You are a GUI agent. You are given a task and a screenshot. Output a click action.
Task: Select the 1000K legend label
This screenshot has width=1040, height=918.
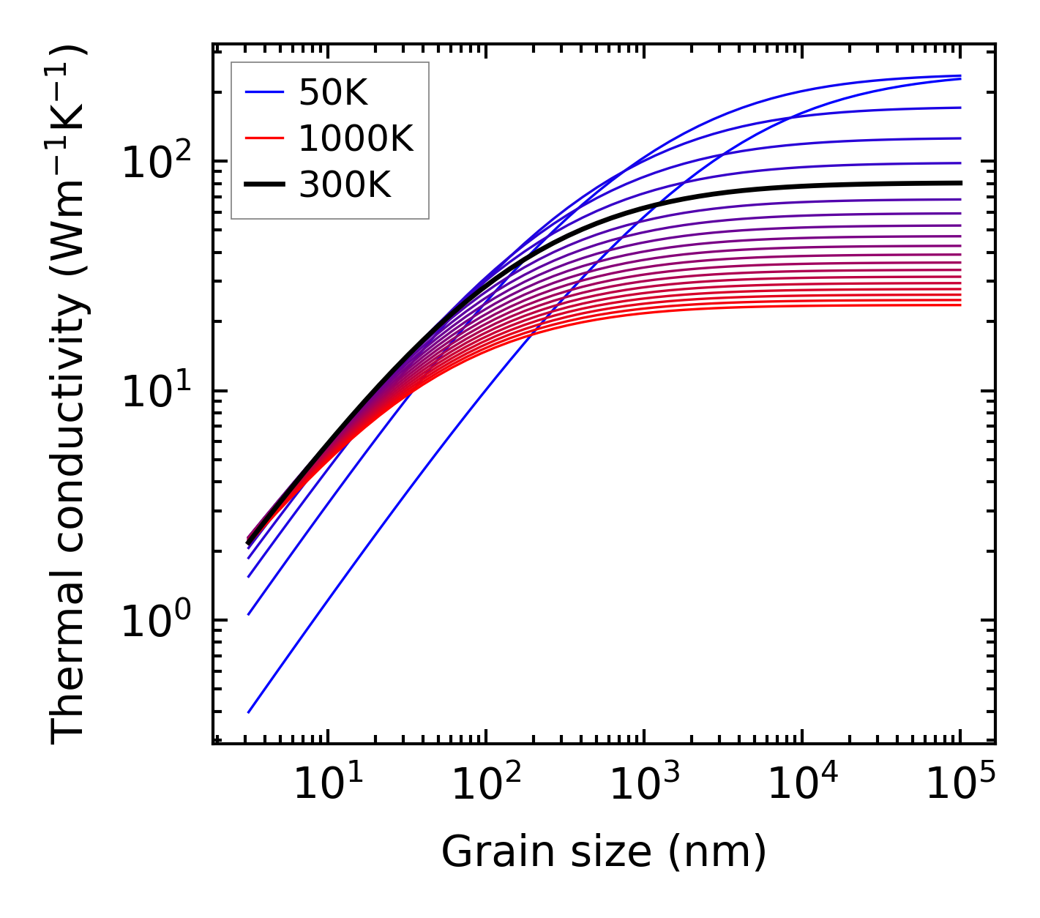356,138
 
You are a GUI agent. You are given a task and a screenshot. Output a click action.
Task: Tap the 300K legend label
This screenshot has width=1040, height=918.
345,185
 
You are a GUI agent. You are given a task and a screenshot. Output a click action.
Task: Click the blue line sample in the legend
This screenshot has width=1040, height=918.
263,92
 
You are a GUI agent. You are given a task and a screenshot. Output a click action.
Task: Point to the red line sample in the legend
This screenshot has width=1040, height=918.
263,138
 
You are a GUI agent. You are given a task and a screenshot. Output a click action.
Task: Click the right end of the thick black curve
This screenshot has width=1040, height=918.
959,183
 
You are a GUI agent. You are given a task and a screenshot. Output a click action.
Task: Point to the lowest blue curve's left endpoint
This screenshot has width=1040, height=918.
249,712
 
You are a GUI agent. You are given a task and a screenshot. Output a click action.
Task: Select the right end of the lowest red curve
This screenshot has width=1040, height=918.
959,305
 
